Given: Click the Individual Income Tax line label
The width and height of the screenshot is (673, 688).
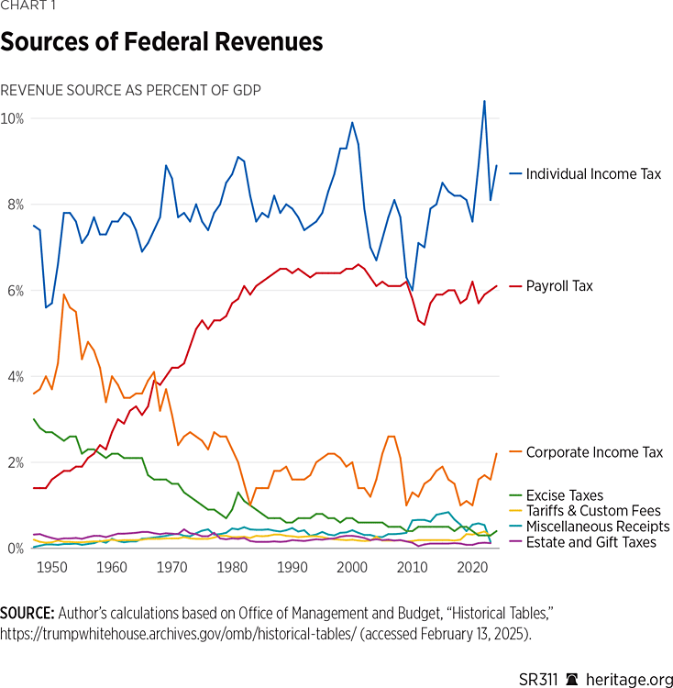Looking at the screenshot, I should [593, 173].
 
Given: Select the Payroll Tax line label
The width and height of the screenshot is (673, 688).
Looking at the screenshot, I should [559, 286].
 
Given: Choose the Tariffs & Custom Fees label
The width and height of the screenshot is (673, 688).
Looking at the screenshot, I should [593, 511].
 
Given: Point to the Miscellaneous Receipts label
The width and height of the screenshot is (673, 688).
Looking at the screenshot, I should [597, 527].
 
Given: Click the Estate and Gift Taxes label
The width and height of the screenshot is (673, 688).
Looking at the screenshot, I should [591, 542].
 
